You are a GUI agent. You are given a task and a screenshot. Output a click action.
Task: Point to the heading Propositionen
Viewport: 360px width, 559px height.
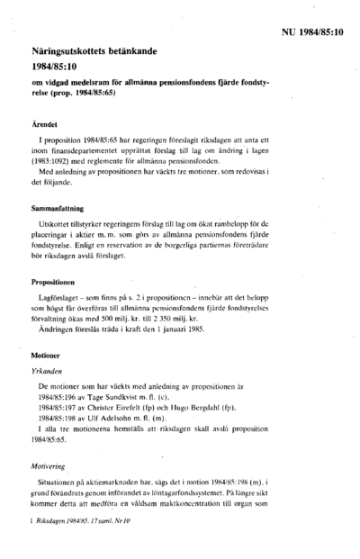click(x=58, y=283)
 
